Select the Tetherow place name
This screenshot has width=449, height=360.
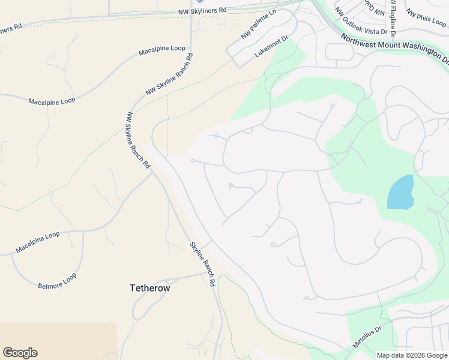(150, 288)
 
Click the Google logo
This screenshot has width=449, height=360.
(20, 353)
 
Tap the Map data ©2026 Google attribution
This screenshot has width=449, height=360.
(412, 355)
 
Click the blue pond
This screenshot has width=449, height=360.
(401, 192)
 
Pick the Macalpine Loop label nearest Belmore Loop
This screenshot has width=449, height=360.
(38, 242)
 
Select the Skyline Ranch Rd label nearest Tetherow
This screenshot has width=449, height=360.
(203, 263)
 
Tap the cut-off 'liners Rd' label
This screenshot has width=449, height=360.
(11, 28)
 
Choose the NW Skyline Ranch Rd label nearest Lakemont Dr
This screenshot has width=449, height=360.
(169, 75)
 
